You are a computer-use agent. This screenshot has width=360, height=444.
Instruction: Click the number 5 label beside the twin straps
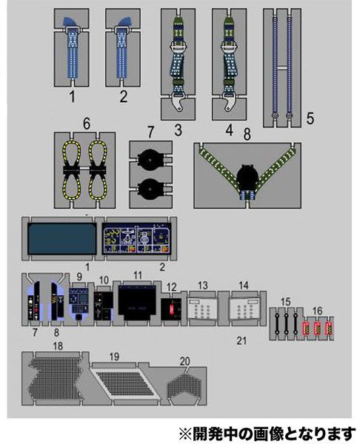[310, 118]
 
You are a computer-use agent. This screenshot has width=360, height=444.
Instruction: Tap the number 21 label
[241, 340]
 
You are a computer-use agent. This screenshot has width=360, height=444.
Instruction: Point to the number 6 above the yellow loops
[87, 124]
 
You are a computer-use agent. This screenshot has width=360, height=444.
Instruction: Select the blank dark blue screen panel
[62, 238]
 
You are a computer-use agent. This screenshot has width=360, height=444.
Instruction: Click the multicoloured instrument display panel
[136, 238]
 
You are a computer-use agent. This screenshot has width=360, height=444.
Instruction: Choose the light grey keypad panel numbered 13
[203, 309]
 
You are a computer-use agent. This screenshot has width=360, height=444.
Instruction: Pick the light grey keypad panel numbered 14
[244, 309]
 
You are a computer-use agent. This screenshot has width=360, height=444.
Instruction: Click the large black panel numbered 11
[137, 303]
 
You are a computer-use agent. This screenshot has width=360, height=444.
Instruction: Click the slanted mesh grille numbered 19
[124, 383]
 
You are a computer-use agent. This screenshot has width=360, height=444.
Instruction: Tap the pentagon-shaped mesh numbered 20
[184, 385]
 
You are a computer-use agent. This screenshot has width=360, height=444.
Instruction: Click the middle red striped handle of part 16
[318, 329]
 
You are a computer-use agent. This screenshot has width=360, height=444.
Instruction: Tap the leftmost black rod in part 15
[278, 323]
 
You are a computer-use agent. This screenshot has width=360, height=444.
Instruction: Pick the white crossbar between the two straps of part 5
[281, 68]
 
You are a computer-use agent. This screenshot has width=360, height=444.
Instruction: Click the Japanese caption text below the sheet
[267, 434]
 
